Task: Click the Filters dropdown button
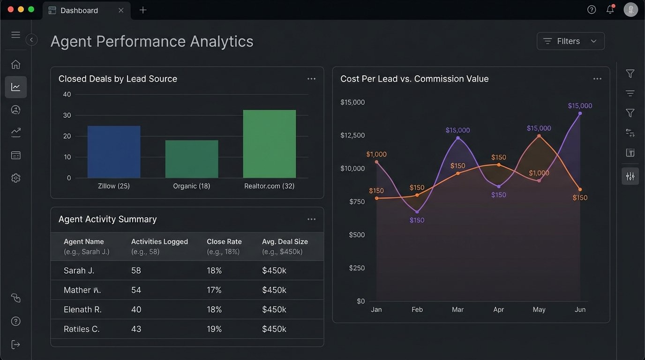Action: point(570,41)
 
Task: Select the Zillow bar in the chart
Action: point(114,151)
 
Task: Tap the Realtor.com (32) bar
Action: point(270,143)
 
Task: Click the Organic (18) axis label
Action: point(191,186)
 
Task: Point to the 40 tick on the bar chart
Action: point(67,94)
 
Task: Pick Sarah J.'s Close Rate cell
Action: point(214,270)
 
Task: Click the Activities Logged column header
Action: point(159,242)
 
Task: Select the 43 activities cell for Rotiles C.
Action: point(136,329)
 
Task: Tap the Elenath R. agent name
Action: point(82,309)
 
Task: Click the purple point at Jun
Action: point(580,113)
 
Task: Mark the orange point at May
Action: point(539,136)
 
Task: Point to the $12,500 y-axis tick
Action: point(352,135)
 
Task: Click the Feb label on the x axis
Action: point(417,309)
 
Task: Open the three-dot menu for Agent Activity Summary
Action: point(312,219)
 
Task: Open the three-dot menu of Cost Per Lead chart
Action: point(597,79)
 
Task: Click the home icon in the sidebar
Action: point(16,65)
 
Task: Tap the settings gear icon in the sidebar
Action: point(16,178)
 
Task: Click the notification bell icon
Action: point(610,10)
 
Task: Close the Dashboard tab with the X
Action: point(121,10)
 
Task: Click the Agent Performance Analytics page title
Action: point(152,41)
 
